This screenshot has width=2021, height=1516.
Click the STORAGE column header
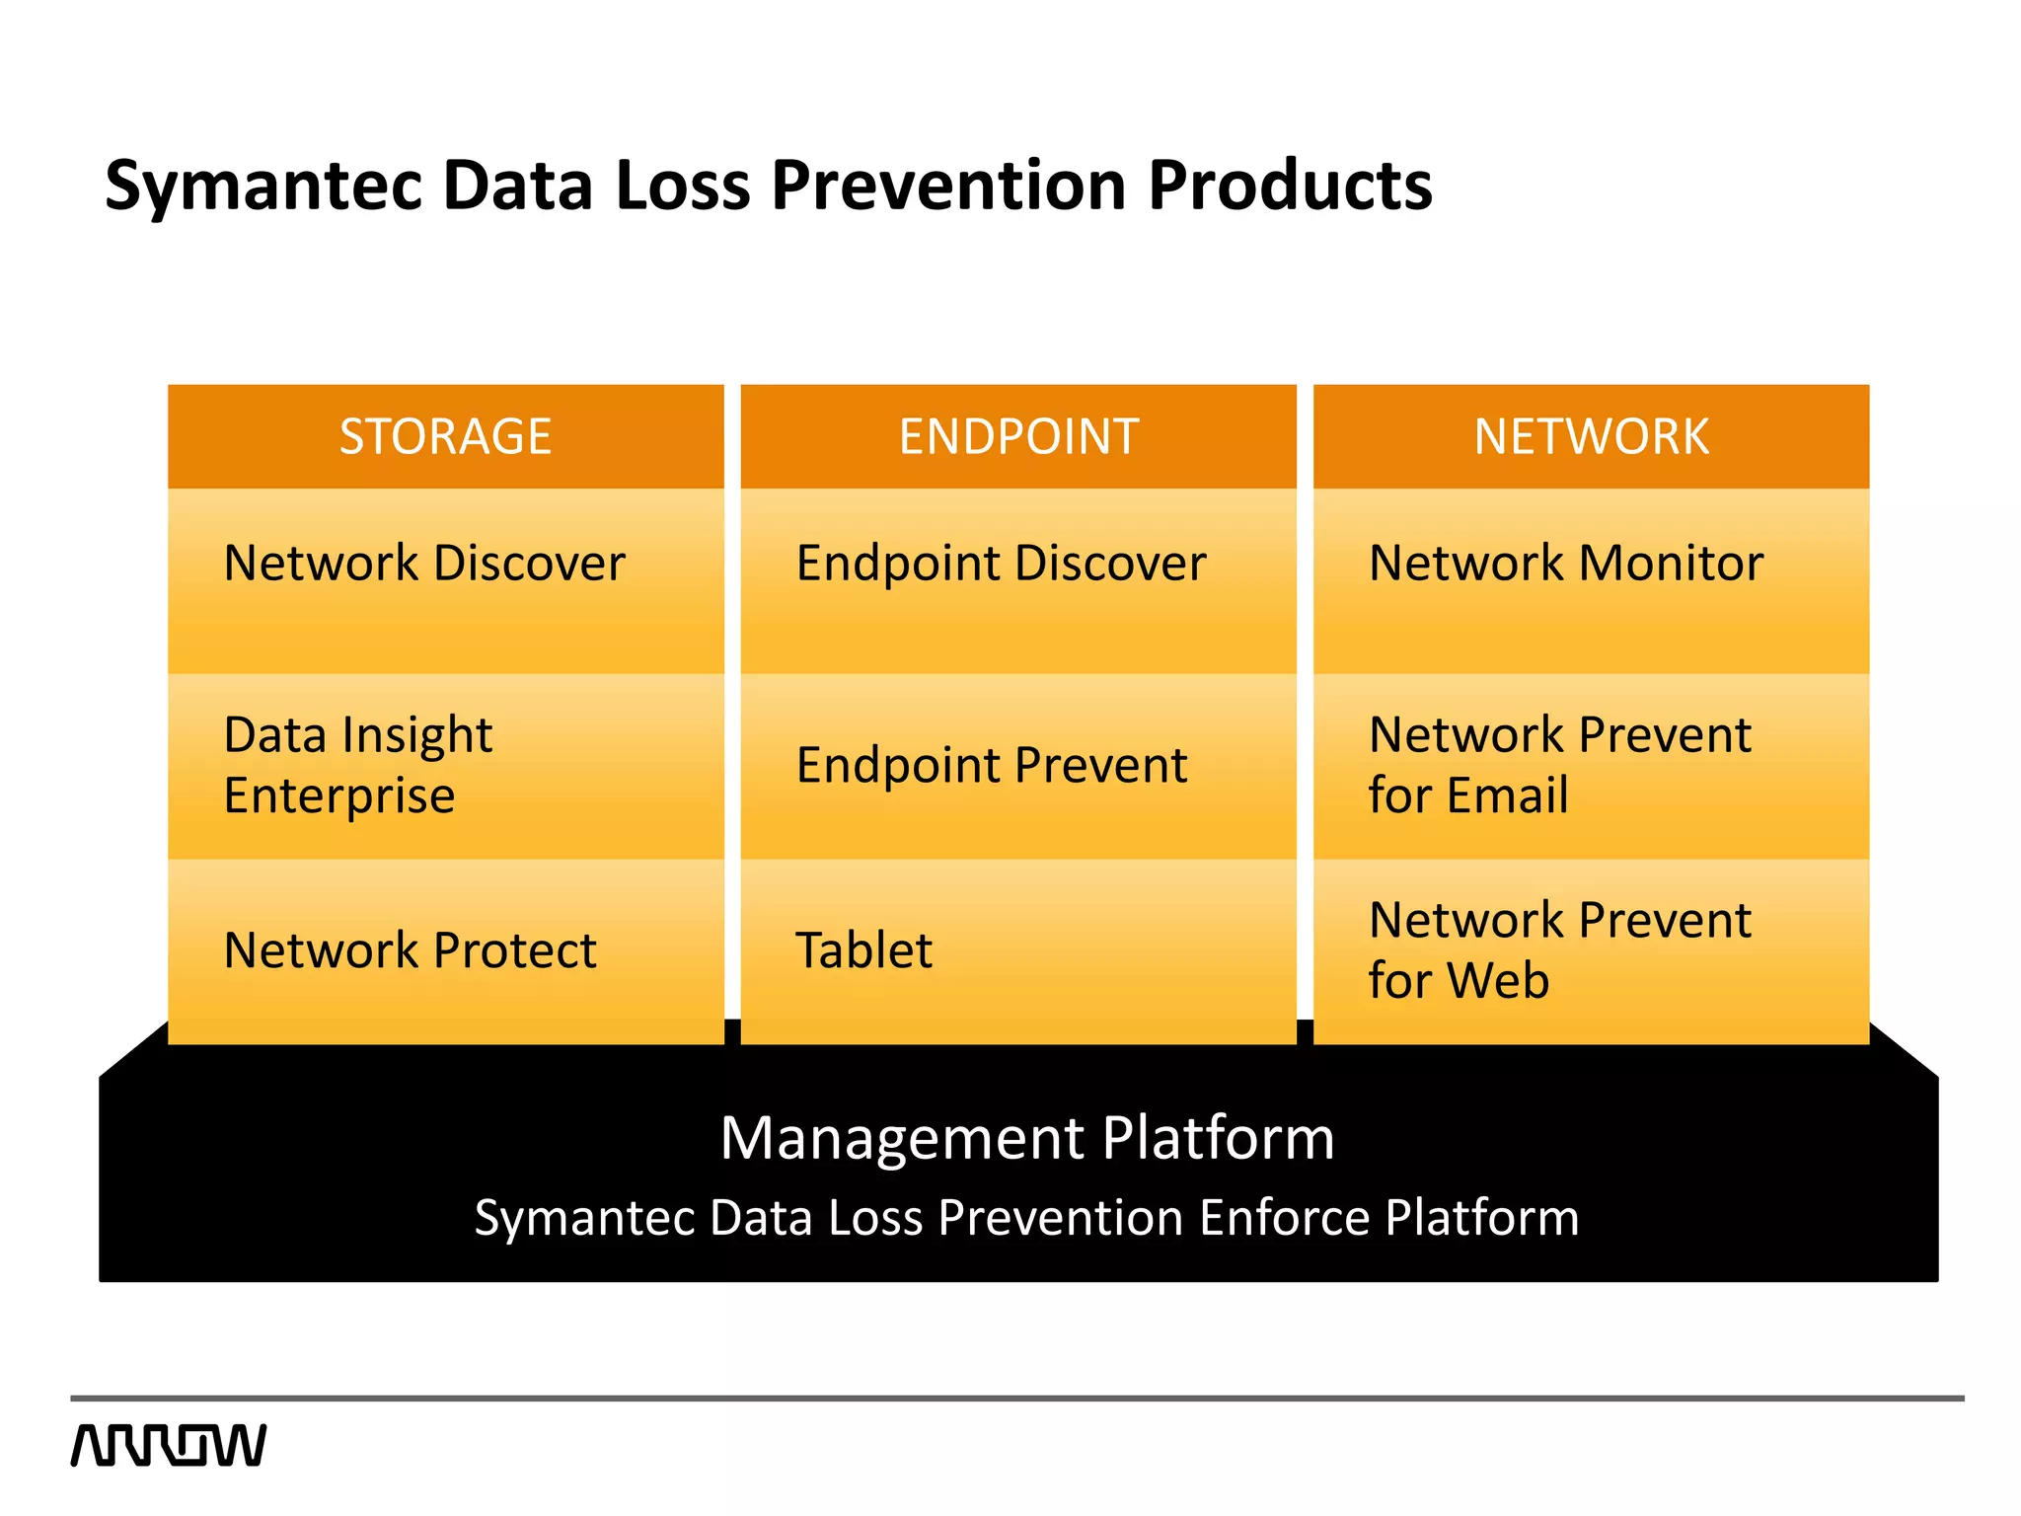(x=445, y=436)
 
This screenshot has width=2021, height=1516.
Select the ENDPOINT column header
(x=1018, y=436)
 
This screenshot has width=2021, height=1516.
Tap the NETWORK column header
(x=1591, y=436)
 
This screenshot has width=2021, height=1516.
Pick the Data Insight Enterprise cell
(x=445, y=766)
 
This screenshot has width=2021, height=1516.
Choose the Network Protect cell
(x=445, y=950)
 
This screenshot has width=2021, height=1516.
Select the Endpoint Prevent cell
(x=1018, y=766)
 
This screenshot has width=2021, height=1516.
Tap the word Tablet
(x=863, y=950)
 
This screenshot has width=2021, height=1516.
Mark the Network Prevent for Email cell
(x=1591, y=766)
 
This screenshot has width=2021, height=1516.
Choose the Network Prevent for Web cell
(x=1591, y=950)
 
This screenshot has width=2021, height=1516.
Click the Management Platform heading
(x=1026, y=1138)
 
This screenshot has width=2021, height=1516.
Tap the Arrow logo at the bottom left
(x=169, y=1445)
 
